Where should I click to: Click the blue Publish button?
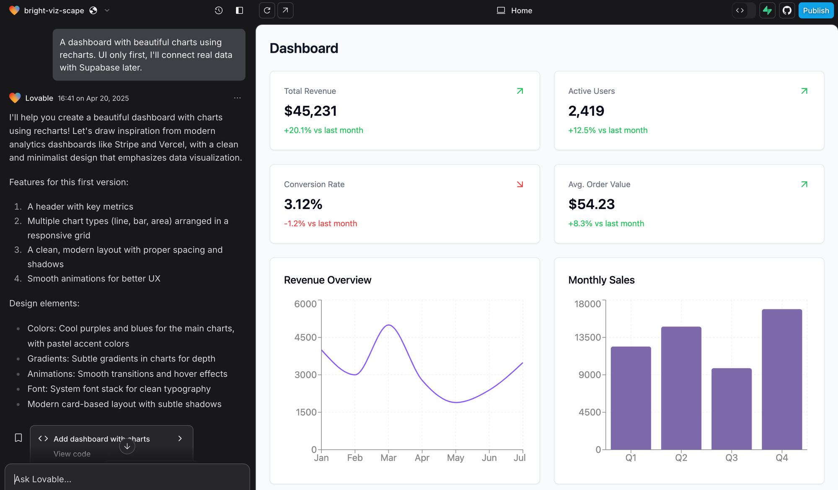[815, 10]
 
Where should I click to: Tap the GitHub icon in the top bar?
[787, 10]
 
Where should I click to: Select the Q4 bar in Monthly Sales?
[781, 379]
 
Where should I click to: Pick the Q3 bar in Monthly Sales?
[731, 409]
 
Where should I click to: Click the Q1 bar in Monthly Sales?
[631, 398]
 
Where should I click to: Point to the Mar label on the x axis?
[388, 458]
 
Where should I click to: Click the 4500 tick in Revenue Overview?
[305, 337]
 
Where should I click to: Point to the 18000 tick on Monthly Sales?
[587, 304]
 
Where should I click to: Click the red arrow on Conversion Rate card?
[520, 184]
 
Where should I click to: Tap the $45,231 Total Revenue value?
[310, 111]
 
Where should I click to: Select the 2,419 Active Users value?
[586, 111]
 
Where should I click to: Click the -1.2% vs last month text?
[321, 223]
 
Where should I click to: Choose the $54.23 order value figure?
[591, 204]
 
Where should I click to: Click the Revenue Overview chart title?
[328, 280]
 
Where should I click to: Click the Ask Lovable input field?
[126, 479]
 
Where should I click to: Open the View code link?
[72, 454]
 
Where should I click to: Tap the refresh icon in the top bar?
[267, 10]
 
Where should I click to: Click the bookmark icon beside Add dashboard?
[18, 438]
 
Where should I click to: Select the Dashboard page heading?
[304, 48]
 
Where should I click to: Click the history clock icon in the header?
[219, 10]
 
